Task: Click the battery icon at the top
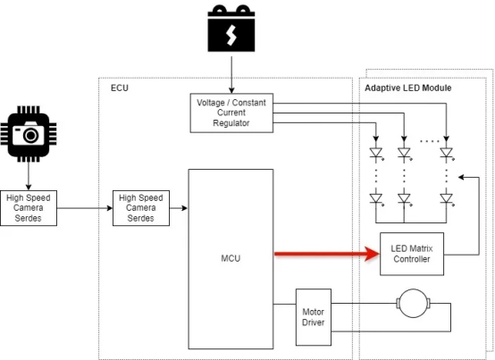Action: point(231,28)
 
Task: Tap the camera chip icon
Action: point(29,134)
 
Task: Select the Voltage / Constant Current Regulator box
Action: point(231,113)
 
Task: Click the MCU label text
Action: point(231,258)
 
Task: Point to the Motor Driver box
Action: point(314,317)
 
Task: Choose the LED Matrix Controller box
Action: point(412,254)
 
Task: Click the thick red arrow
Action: point(327,254)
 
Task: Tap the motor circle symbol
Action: point(413,303)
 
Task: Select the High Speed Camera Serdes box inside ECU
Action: point(141,208)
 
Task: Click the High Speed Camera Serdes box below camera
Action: point(29,208)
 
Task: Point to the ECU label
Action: point(120,88)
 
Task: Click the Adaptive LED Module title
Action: point(408,88)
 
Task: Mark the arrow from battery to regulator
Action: point(231,75)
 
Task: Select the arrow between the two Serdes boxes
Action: point(85,208)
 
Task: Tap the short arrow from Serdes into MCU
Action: point(179,208)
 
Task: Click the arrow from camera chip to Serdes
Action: point(29,176)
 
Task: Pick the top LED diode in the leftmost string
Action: point(376,154)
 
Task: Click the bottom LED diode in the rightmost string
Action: point(447,199)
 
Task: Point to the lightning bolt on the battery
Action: point(231,35)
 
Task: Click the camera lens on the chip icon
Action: point(31,136)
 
